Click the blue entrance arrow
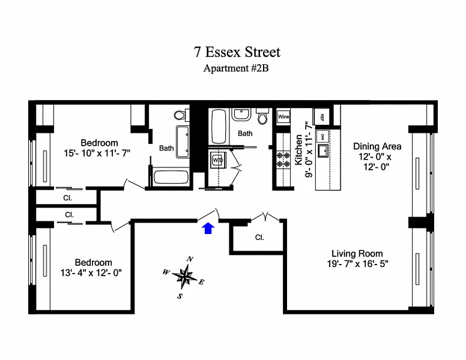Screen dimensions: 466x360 pyautogui.click(x=208, y=228)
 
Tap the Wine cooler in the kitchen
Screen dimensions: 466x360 pyautogui.click(x=283, y=116)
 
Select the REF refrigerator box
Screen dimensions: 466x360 pyautogui.click(x=322, y=116)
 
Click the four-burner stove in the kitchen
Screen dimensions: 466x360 pyautogui.click(x=283, y=159)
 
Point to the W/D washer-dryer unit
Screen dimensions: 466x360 pyautogui.click(x=217, y=161)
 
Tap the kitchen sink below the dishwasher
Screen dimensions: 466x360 pyautogui.click(x=322, y=151)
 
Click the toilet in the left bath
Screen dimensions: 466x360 pyautogui.click(x=180, y=114)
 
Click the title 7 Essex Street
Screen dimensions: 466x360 pyautogui.click(x=237, y=52)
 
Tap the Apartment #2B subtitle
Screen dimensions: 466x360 pyautogui.click(x=236, y=68)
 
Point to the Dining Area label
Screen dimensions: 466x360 pyautogui.click(x=377, y=146)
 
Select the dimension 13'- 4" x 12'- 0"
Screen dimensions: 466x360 pyautogui.click(x=93, y=272)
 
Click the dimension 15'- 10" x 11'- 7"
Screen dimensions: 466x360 pyautogui.click(x=98, y=153)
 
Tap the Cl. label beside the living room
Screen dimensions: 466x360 pyautogui.click(x=259, y=238)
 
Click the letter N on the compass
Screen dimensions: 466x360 pyautogui.click(x=190, y=259)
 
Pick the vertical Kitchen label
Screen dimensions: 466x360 pyautogui.click(x=298, y=150)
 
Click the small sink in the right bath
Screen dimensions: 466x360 pyautogui.click(x=242, y=114)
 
